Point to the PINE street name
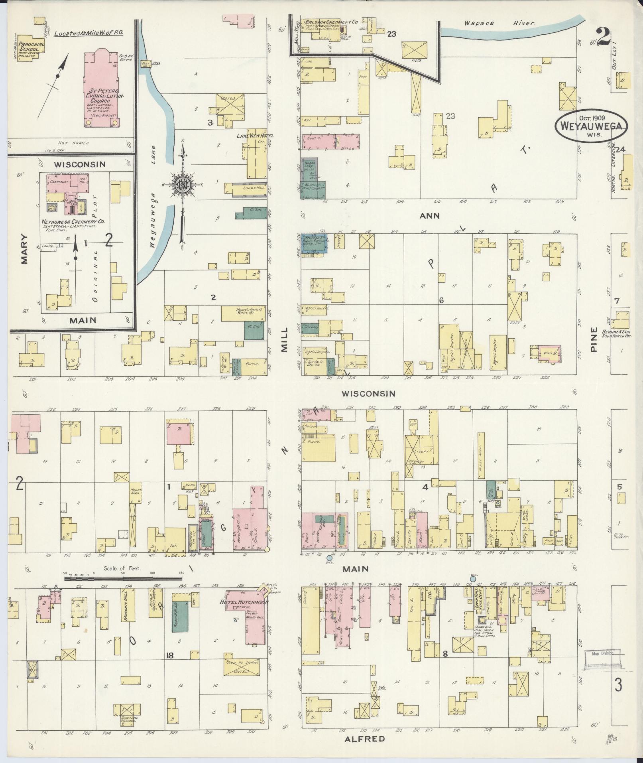594,339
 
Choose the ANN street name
429,216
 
